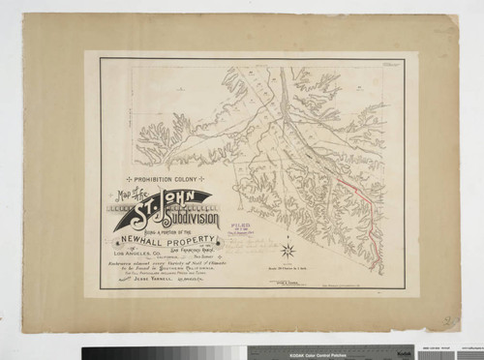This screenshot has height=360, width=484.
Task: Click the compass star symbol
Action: point(287,252)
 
